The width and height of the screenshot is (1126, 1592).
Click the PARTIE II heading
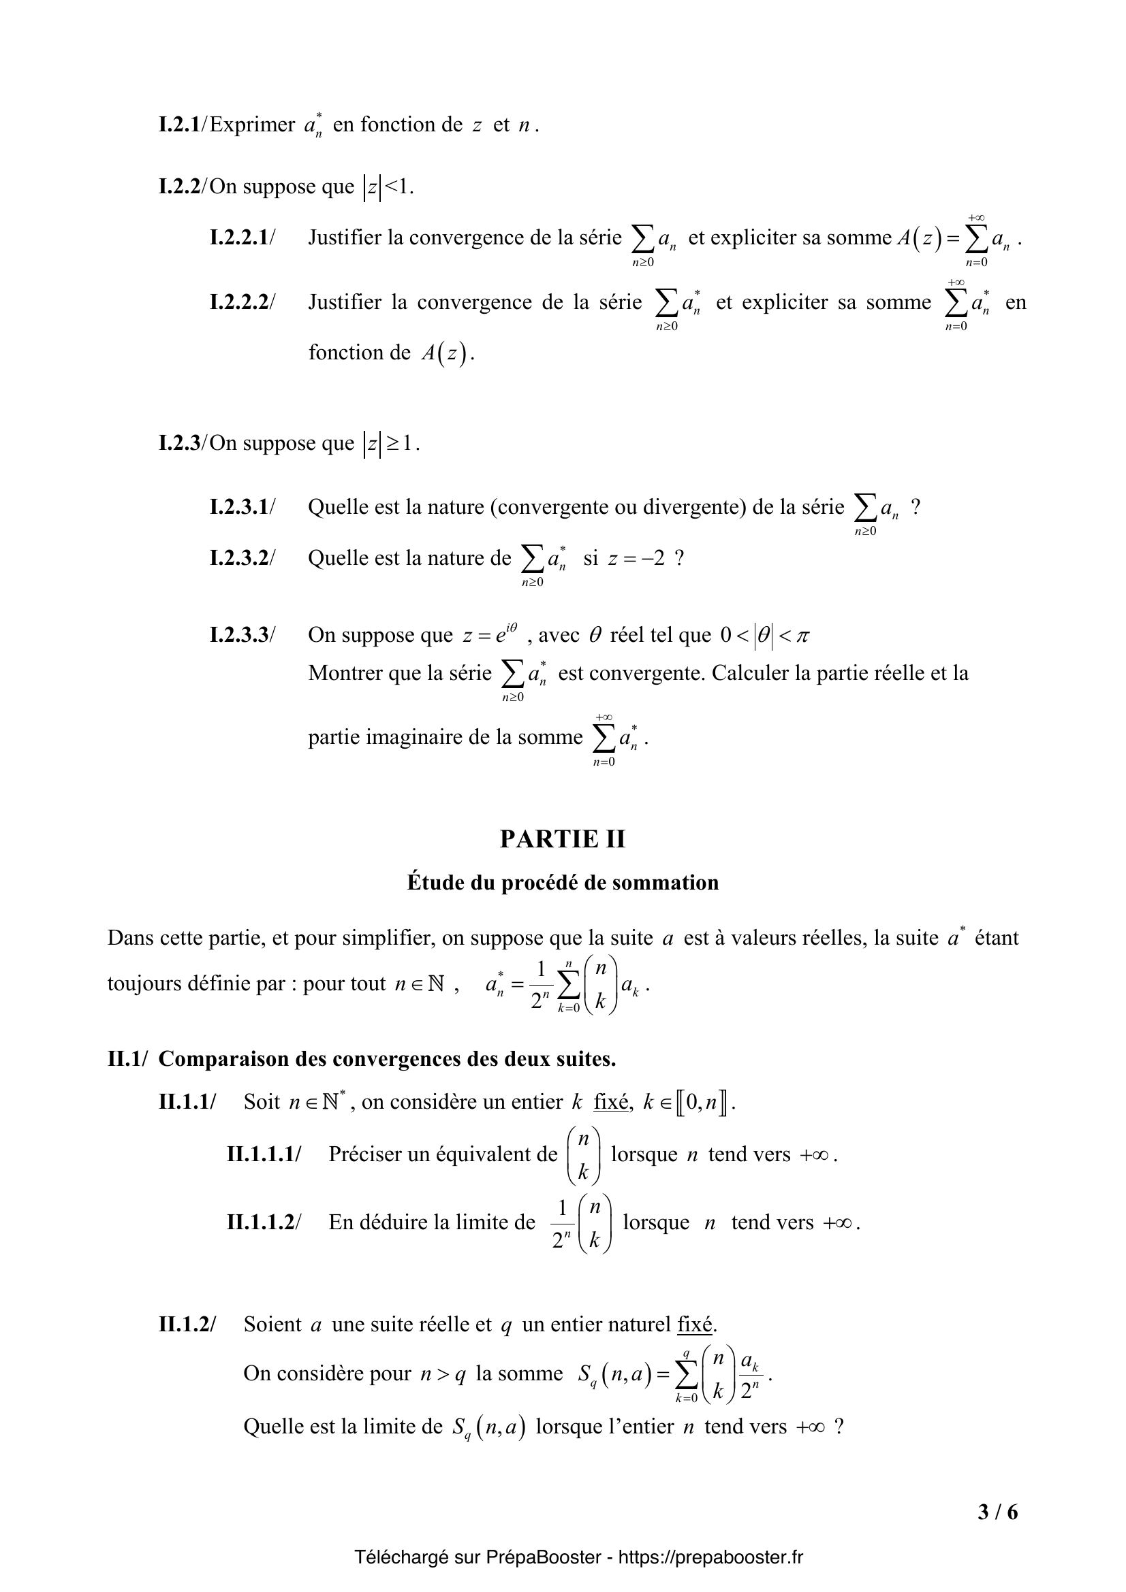(x=562, y=839)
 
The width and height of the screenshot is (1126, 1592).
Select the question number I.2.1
(x=179, y=125)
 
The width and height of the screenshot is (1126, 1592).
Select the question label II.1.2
(x=187, y=1325)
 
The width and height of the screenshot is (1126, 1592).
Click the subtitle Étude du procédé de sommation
(x=563, y=883)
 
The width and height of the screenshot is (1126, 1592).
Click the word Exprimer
(x=252, y=125)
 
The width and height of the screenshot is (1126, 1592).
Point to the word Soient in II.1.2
(x=272, y=1325)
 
